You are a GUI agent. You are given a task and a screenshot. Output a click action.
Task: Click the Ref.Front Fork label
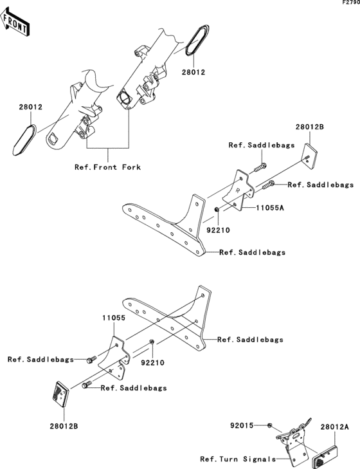tap(107, 167)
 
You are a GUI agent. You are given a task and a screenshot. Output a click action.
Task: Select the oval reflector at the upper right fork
tap(197, 41)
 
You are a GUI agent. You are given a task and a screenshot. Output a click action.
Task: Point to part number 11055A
tap(271, 208)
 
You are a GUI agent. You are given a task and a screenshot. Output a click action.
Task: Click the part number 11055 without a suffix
tap(112, 318)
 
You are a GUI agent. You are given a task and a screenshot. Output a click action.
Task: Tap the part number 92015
tap(242, 426)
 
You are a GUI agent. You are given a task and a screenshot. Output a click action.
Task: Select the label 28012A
tap(334, 427)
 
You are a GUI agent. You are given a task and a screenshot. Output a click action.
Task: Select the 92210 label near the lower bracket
tap(154, 362)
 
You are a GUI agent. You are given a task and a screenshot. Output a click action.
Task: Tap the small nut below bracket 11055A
tap(218, 210)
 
